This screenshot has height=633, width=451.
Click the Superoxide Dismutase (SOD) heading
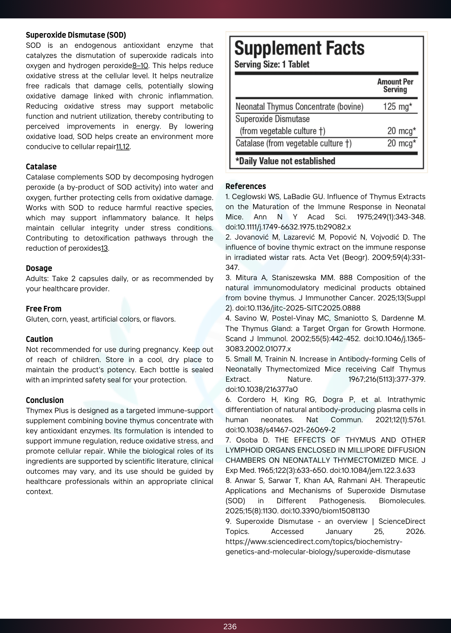pyautogui.click(x=76, y=35)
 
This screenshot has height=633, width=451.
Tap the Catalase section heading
pyautogui.click(x=41, y=167)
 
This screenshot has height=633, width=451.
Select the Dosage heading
pyautogui.click(x=39, y=268)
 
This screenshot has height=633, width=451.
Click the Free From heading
pyautogui.click(x=43, y=309)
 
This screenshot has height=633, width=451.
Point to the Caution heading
pyautogui.click(x=39, y=339)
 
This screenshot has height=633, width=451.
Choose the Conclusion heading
pyautogui.click(x=45, y=400)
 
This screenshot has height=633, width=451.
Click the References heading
pyautogui.click(x=245, y=186)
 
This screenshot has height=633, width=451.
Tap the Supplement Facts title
pyautogui.click(x=299, y=48)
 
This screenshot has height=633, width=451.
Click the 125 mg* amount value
pyautogui.click(x=397, y=106)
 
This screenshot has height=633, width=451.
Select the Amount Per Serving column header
pyautogui.click(x=395, y=85)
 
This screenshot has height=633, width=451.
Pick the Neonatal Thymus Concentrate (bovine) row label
pyautogui.click(x=299, y=106)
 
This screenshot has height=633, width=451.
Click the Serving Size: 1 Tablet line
pyautogui.click(x=271, y=64)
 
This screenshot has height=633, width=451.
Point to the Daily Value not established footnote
pyautogui.click(x=285, y=161)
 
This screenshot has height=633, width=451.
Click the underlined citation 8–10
pyautogui.click(x=140, y=66)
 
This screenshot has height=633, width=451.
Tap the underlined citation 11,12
pyautogui.click(x=123, y=147)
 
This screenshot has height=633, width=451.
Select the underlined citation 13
pyautogui.click(x=105, y=248)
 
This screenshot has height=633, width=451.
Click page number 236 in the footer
pyautogui.click(x=230, y=626)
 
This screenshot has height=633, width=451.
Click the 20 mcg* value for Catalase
pyautogui.click(x=401, y=143)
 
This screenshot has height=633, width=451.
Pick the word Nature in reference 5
pyautogui.click(x=300, y=379)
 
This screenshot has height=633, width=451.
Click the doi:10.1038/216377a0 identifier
pyautogui.click(x=261, y=389)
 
